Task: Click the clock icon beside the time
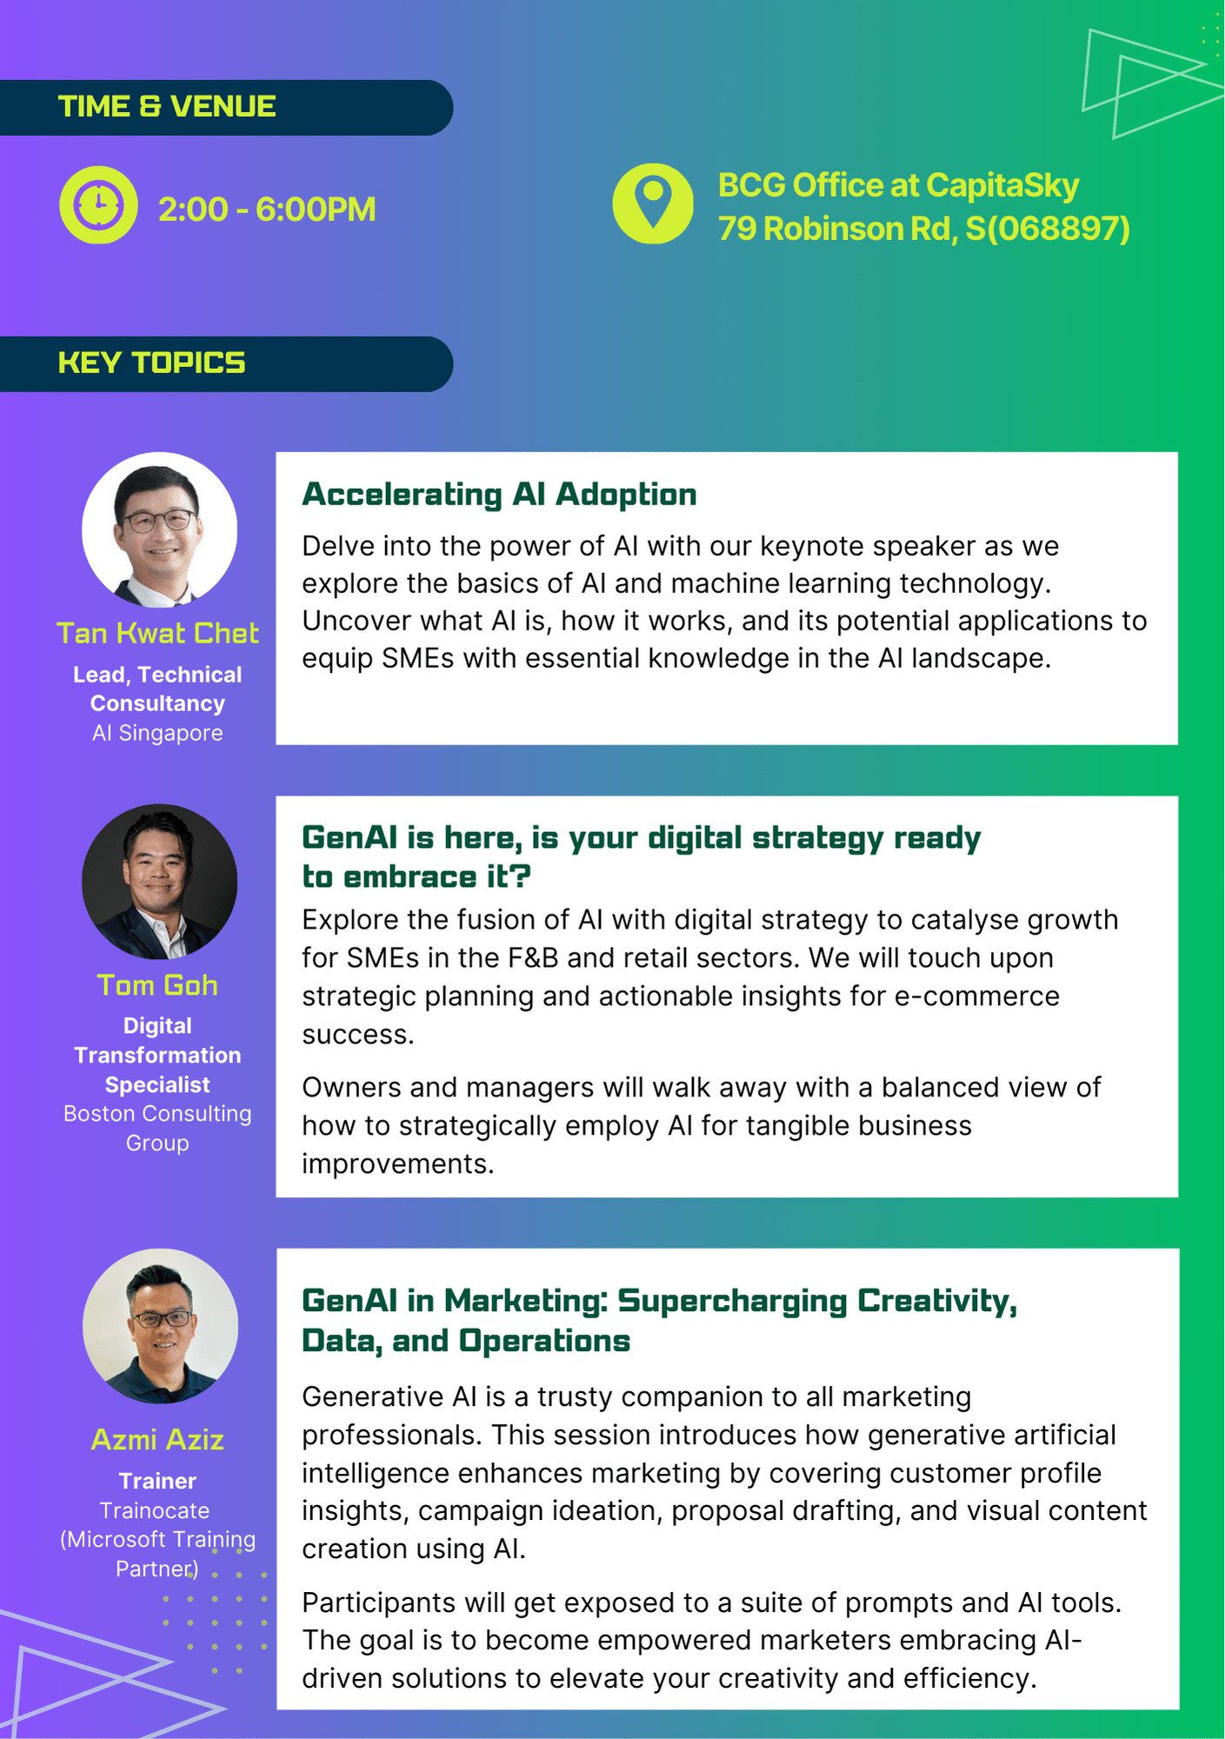coord(98,205)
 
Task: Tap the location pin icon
coord(653,203)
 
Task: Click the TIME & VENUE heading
coord(167,107)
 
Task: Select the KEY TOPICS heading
coord(152,363)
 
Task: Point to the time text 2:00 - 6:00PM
coord(267,210)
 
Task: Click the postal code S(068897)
coord(1047,229)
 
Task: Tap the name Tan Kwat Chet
coord(157,633)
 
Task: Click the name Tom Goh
coord(157,985)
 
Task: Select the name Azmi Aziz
coord(157,1440)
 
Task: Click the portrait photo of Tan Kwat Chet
coord(159,530)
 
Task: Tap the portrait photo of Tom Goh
coord(159,882)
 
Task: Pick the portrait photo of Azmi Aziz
coord(160,1326)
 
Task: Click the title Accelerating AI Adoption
coord(499,495)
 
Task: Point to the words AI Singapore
coord(157,733)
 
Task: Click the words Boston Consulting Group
coord(157,1128)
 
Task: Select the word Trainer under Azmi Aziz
coord(157,1481)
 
